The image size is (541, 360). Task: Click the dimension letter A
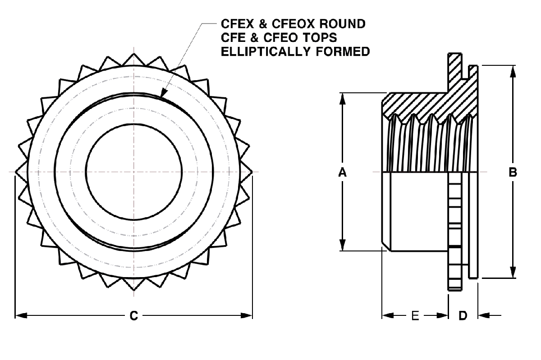click(343, 172)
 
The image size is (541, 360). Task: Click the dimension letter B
click(513, 172)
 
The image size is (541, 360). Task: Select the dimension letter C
click(133, 316)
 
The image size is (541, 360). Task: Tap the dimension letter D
click(463, 316)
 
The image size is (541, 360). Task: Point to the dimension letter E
click(415, 316)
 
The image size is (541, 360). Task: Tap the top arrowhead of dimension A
click(343, 97)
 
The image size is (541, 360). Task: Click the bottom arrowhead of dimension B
click(513, 273)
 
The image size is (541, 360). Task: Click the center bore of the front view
click(133, 172)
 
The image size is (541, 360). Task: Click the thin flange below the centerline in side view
click(473, 225)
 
